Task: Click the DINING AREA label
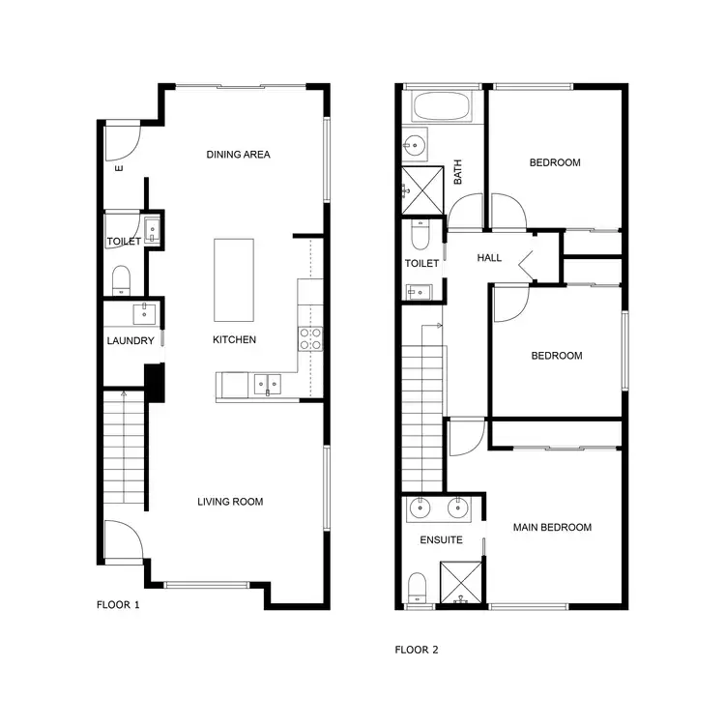238,155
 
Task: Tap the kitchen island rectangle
234,280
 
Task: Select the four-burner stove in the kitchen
310,338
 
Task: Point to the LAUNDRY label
130,340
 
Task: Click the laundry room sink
145,311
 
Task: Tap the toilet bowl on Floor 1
122,280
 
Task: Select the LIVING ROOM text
230,502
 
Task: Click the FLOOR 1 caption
118,605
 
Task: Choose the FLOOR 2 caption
417,650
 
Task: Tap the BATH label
458,173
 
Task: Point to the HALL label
489,258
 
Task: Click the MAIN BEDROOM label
552,527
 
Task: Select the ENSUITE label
441,540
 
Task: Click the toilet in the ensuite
418,586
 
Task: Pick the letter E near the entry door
119,169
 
